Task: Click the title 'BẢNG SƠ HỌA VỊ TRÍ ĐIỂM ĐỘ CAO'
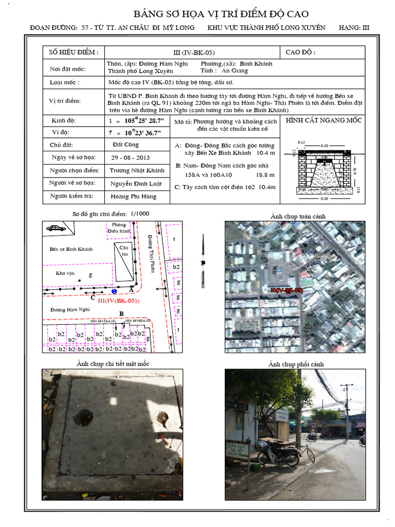pyautogui.click(x=221, y=14)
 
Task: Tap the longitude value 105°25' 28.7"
pyautogui.click(x=136, y=120)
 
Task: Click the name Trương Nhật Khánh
pyautogui.click(x=137, y=170)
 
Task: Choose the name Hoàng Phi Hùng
pyautogui.click(x=133, y=196)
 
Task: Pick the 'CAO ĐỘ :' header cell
pyautogui.click(x=300, y=52)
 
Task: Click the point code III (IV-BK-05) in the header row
pyautogui.click(x=194, y=52)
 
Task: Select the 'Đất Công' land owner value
pyautogui.click(x=124, y=145)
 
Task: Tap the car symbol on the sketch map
pyautogui.click(x=55, y=227)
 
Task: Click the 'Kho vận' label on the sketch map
pyautogui.click(x=65, y=273)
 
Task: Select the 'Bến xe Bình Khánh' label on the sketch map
pyautogui.click(x=71, y=249)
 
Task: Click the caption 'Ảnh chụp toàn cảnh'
pyautogui.click(x=298, y=216)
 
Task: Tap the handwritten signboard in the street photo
pyautogui.click(x=237, y=450)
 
